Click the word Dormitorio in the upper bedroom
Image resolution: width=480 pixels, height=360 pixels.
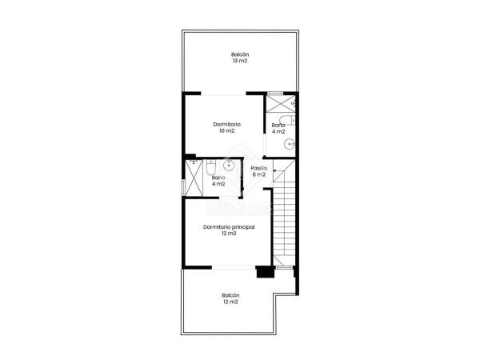[227, 124]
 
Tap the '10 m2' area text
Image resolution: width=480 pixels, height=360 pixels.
[227, 131]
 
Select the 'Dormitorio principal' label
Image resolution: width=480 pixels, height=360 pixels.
[229, 227]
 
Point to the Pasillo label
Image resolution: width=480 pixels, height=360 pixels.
[258, 168]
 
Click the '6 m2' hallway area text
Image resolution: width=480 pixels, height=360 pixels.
[258, 175]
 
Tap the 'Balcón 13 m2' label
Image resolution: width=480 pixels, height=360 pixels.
[239, 58]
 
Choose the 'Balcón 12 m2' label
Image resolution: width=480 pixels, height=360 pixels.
[230, 298]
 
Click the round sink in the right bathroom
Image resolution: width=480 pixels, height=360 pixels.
[290, 145]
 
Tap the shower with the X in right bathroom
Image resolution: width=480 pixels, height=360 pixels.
[281, 103]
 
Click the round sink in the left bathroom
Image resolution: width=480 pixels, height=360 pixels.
[228, 166]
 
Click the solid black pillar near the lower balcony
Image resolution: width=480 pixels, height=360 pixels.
[265, 272]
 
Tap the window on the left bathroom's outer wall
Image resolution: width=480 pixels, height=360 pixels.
[182, 187]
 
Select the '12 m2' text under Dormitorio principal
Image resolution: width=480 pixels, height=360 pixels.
[229, 234]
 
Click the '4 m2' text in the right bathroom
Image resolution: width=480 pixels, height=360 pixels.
[278, 132]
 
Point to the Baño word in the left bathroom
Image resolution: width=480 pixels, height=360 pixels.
[218, 178]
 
